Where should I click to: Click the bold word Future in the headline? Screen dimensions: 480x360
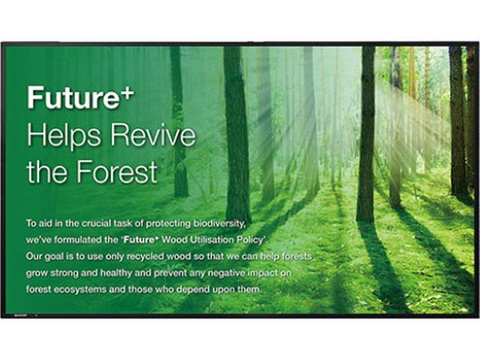tap(73, 97)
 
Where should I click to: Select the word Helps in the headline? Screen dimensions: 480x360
tap(64, 136)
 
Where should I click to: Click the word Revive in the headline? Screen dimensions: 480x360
tap(153, 134)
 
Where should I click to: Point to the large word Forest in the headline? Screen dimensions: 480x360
tap(117, 172)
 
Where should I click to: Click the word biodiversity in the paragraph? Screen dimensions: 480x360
tap(219, 223)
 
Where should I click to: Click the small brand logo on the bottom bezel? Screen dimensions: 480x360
tap(20, 315)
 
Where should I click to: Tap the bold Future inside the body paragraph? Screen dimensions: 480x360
tap(139, 240)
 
